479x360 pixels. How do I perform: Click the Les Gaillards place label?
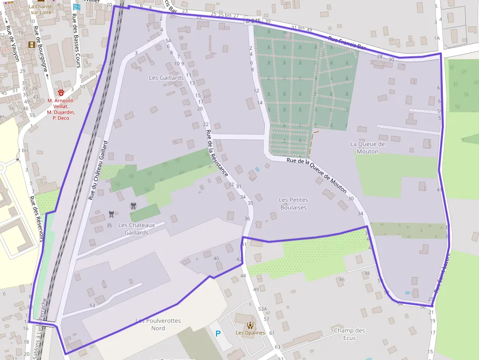pyautogui.click(x=166, y=78)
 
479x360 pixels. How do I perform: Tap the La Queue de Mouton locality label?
pyautogui.click(x=368, y=148)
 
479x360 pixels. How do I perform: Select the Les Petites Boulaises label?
pyautogui.click(x=293, y=203)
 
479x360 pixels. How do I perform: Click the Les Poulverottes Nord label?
pyautogui.click(x=158, y=324)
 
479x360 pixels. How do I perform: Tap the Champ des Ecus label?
pyautogui.click(x=349, y=334)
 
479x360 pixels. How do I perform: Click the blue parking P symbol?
pyautogui.click(x=218, y=334)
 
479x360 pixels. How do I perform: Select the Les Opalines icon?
pyautogui.click(x=250, y=325)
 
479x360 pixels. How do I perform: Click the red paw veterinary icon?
pyautogui.click(x=61, y=92)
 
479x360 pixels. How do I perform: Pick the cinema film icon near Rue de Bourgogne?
pyautogui.click(x=32, y=44)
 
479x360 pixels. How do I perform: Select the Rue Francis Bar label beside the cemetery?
pyautogui.click(x=347, y=44)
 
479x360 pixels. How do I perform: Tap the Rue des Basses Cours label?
pyautogui.click(x=76, y=36)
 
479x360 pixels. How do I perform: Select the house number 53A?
pyautogui.click(x=262, y=309)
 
